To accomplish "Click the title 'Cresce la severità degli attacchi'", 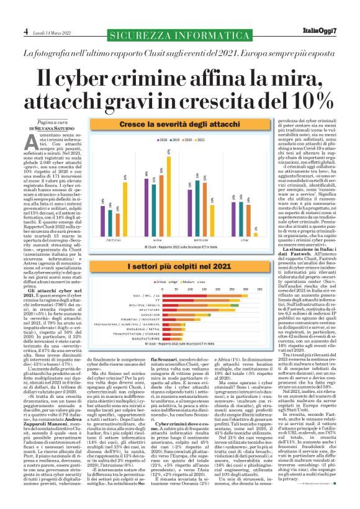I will [178, 125].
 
